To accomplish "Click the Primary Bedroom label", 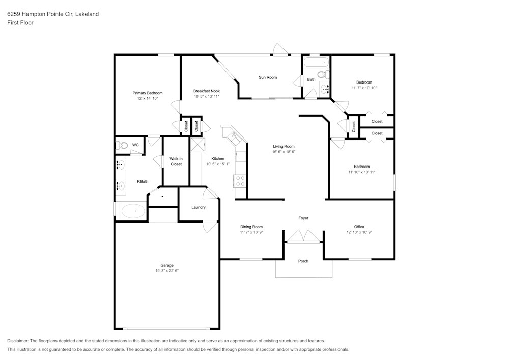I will tap(148, 93).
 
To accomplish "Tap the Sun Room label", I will tap(268, 77).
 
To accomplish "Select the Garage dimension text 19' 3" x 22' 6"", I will tap(167, 271).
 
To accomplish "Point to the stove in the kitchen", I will tap(240, 181).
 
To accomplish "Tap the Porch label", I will tap(303, 261).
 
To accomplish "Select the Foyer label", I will tap(303, 218).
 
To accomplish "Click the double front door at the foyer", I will tap(303, 237).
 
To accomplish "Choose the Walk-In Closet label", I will tap(176, 161).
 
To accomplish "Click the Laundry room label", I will tap(199, 207).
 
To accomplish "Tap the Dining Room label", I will tap(251, 227).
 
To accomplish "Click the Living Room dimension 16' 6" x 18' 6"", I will tap(284, 152).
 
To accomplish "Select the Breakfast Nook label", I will tap(206, 91).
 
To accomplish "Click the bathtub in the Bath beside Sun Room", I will tap(316, 63).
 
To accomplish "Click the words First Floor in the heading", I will tap(20, 23).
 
